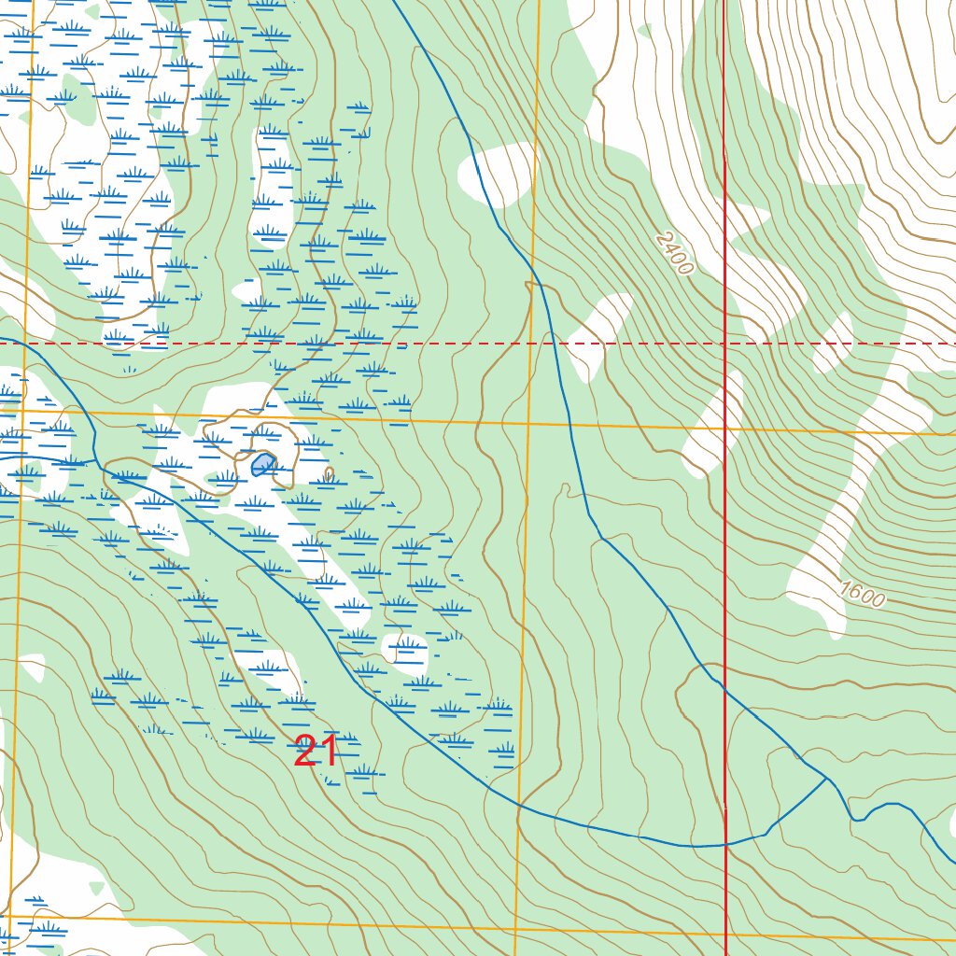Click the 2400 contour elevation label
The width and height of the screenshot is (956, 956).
pyautogui.click(x=674, y=253)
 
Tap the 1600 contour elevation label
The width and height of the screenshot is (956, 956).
pyautogui.click(x=860, y=594)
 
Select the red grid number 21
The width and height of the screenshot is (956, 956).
pyautogui.click(x=316, y=752)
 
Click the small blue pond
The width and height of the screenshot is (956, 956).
pyautogui.click(x=263, y=464)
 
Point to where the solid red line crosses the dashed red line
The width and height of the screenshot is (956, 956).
pyautogui.click(x=725, y=344)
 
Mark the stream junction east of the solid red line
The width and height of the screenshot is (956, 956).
pyautogui.click(x=827, y=778)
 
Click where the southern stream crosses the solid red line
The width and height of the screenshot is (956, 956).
pyautogui.click(x=725, y=844)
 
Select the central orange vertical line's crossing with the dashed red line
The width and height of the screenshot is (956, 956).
pyautogui.click(x=531, y=344)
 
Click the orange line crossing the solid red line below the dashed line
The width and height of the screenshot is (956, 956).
pyautogui.click(x=725, y=429)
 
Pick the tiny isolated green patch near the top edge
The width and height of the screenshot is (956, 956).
pyautogui.click(x=644, y=31)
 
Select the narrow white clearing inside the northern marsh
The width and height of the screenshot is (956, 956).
pyautogui.click(x=271, y=187)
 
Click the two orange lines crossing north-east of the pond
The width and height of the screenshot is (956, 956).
pyautogui.click(x=528, y=423)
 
